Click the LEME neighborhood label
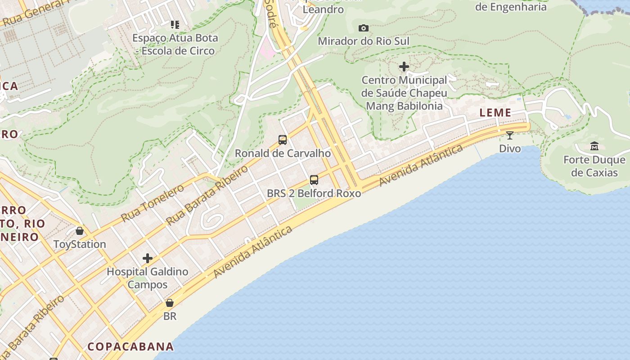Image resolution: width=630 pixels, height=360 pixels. [x=495, y=112]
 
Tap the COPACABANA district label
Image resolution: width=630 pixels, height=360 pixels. [x=130, y=346]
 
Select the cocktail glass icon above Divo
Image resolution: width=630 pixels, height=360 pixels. [x=509, y=135]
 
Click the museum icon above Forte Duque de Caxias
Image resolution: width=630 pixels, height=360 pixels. [x=594, y=146]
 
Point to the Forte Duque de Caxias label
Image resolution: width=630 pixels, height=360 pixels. [x=594, y=166]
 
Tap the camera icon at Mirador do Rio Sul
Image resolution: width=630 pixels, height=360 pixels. [x=364, y=28]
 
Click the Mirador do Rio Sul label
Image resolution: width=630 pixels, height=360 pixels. [x=364, y=41]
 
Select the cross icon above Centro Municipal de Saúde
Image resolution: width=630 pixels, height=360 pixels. [x=404, y=67]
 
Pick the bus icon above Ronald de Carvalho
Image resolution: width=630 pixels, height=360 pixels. [x=283, y=139]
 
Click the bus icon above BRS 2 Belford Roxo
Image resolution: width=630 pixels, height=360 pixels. [x=314, y=180]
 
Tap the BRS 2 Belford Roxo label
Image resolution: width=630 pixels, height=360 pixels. [x=314, y=193]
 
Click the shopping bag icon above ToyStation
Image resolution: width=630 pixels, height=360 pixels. [x=80, y=231]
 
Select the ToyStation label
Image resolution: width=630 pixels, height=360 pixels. [x=80, y=244]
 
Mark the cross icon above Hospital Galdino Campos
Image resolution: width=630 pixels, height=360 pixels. [x=147, y=258]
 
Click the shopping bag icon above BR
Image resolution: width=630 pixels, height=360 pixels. [x=170, y=303]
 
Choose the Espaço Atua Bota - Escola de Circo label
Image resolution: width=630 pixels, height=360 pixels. [x=175, y=44]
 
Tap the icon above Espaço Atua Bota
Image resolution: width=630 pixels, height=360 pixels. [x=175, y=24]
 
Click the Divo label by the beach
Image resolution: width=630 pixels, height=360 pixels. [x=510, y=148]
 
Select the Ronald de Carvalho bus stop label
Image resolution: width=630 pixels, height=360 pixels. [x=283, y=153]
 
